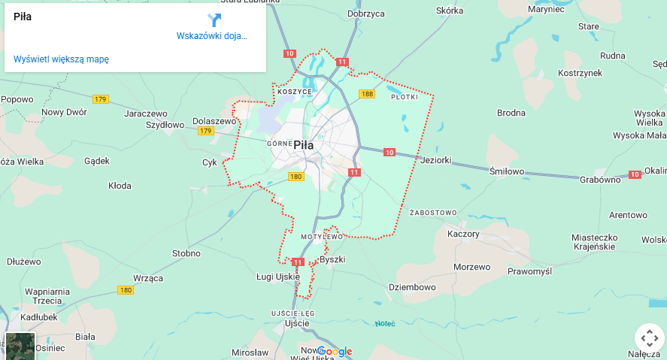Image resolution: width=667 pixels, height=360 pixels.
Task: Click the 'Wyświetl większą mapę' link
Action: pyautogui.click(x=61, y=59)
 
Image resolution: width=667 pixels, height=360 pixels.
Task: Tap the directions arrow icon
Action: pyautogui.click(x=214, y=20)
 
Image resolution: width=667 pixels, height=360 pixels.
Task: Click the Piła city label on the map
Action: pyautogui.click(x=304, y=145)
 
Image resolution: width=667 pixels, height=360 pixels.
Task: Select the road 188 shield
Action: pyautogui.click(x=367, y=94)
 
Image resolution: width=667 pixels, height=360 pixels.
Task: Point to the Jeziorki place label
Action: pyautogui.click(x=436, y=160)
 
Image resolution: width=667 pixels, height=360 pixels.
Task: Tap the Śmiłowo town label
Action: pyautogui.click(x=507, y=171)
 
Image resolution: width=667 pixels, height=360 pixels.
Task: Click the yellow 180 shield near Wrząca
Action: pyautogui.click(x=126, y=290)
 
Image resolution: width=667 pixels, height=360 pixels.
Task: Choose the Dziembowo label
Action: pyautogui.click(x=412, y=287)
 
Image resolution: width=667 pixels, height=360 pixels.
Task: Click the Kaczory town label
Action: pyautogui.click(x=463, y=234)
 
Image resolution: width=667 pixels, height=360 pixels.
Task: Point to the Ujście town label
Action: pyautogui.click(x=297, y=323)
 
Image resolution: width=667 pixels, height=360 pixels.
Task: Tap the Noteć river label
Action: pyautogui.click(x=385, y=323)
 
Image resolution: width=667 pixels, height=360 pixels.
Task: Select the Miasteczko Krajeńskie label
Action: pyautogui.click(x=594, y=241)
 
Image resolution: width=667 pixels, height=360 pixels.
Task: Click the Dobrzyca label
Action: pyautogui.click(x=366, y=14)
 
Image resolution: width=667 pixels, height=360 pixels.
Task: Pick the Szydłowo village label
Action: pyautogui.click(x=165, y=125)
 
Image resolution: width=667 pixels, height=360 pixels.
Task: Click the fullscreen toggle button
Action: pyautogui.click(x=649, y=337)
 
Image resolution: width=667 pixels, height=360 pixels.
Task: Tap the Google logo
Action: pyautogui.click(x=335, y=351)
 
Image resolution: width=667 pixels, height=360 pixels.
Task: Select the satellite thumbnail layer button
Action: pyautogui.click(x=20, y=346)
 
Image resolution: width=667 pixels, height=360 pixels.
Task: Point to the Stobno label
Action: pyautogui.click(x=186, y=253)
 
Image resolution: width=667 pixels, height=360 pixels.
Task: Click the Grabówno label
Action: pyautogui.click(x=600, y=180)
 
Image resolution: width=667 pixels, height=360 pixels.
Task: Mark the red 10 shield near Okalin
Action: pyautogui.click(x=635, y=174)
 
